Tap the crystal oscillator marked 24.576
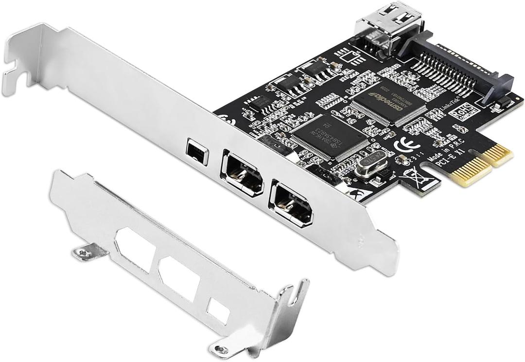[x=370, y=163]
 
